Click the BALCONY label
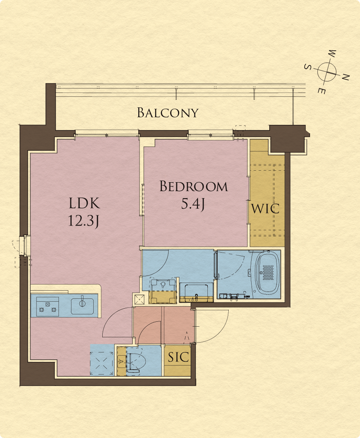(x=168, y=113)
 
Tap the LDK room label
(x=84, y=203)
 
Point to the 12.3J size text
(x=83, y=221)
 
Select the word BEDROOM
(x=193, y=187)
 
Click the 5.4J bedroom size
(x=193, y=204)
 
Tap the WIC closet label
(x=265, y=209)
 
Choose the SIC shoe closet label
(x=178, y=357)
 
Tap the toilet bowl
(x=137, y=360)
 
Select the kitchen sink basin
(x=82, y=306)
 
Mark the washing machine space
(x=163, y=291)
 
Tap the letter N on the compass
(x=346, y=77)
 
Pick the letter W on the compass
(x=332, y=54)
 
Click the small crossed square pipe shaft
(x=139, y=300)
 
